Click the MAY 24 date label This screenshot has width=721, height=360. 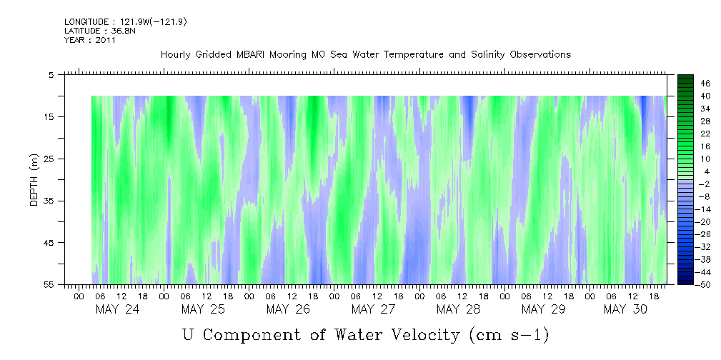point(118,309)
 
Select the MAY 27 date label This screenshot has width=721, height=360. point(373,309)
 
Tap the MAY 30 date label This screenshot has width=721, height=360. point(625,309)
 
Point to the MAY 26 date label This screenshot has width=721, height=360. point(288,309)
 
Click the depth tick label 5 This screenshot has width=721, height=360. point(51,74)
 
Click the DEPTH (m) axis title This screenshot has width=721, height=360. point(33,183)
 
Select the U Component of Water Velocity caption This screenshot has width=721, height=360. point(365,335)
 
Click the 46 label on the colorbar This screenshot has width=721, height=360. point(706,83)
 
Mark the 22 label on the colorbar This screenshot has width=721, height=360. point(706,133)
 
